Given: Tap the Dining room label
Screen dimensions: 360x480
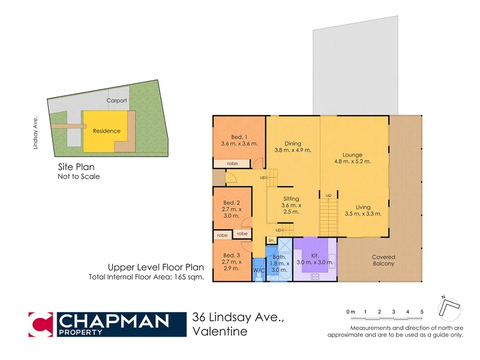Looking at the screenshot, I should point(293,143).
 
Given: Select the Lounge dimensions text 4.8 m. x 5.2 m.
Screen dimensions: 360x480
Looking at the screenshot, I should point(352,161).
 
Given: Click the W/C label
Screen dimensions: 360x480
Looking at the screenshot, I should point(259,271).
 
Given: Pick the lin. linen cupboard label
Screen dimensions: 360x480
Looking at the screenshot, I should point(271,241).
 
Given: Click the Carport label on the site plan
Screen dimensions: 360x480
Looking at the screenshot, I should point(116,101).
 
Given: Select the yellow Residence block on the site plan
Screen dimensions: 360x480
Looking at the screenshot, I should point(106,131).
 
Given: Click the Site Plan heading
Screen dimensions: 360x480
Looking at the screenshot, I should point(76,168).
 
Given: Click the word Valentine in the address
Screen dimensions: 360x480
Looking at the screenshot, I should point(220,332).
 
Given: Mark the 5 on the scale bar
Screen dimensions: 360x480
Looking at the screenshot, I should point(422,312).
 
